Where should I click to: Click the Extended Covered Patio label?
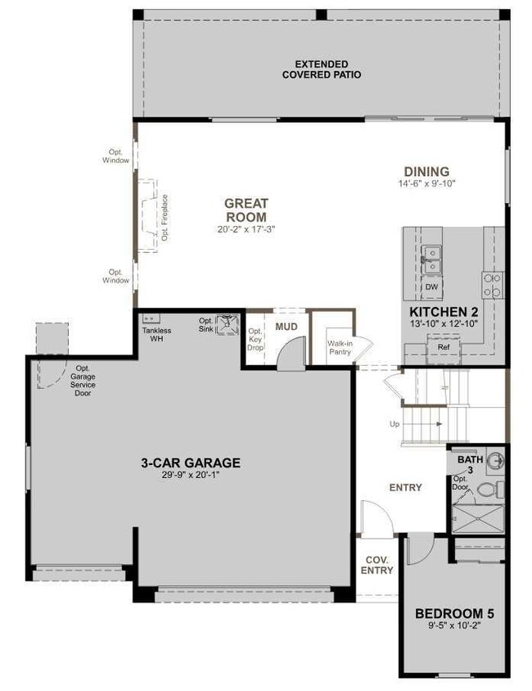pyautogui.click(x=322, y=69)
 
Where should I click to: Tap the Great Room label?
pyautogui.click(x=246, y=210)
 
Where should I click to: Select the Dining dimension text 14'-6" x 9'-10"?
pyautogui.click(x=426, y=183)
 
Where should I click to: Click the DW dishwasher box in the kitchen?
pyautogui.click(x=431, y=288)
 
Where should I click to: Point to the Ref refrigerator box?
pyautogui.click(x=443, y=347)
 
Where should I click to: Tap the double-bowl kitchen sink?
pyautogui.click(x=431, y=261)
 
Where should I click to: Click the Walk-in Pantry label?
pyautogui.click(x=339, y=347)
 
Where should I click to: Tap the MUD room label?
pyautogui.click(x=286, y=327)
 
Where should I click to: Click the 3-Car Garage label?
pyautogui.click(x=190, y=463)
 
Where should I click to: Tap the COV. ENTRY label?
pyautogui.click(x=377, y=565)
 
